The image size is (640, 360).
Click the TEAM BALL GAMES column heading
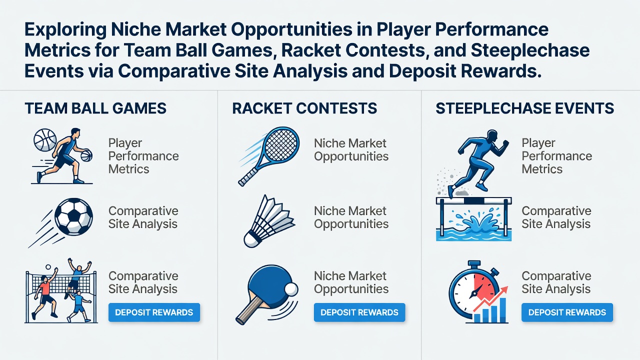95,108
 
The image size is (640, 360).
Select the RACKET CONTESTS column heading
304,108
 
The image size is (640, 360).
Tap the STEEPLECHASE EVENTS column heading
524,108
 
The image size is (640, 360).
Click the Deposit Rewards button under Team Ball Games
154,312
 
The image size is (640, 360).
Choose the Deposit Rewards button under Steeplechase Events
567,312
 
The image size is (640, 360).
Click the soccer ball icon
73,216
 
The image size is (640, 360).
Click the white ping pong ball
291,289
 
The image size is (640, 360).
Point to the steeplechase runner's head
491,135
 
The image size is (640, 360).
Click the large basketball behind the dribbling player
45,140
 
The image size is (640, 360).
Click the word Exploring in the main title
65,29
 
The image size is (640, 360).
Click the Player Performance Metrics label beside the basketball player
143,156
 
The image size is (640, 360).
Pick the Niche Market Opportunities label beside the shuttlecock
351,217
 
